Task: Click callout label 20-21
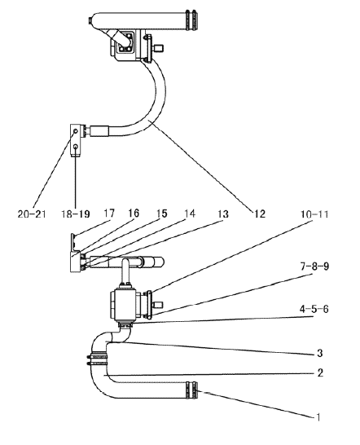click(32, 214)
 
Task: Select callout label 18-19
click(76, 214)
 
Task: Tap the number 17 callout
click(109, 214)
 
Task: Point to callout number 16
click(134, 214)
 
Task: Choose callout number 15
click(162, 214)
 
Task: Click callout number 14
click(190, 214)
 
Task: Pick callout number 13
click(223, 214)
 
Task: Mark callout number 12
click(260, 214)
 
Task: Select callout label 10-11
click(314, 214)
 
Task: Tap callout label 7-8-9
click(314, 267)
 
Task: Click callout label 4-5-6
click(314, 309)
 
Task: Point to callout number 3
click(320, 353)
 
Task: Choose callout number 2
click(320, 372)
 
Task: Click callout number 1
click(318, 417)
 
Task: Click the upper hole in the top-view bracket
click(76, 131)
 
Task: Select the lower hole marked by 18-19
click(76, 147)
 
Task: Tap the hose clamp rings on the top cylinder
click(191, 20)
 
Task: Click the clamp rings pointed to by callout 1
click(191, 390)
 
